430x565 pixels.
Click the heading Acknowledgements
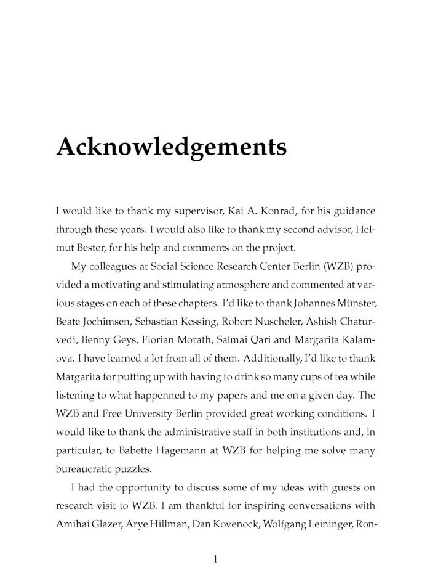coord(171,147)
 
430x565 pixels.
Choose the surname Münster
coord(351,302)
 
